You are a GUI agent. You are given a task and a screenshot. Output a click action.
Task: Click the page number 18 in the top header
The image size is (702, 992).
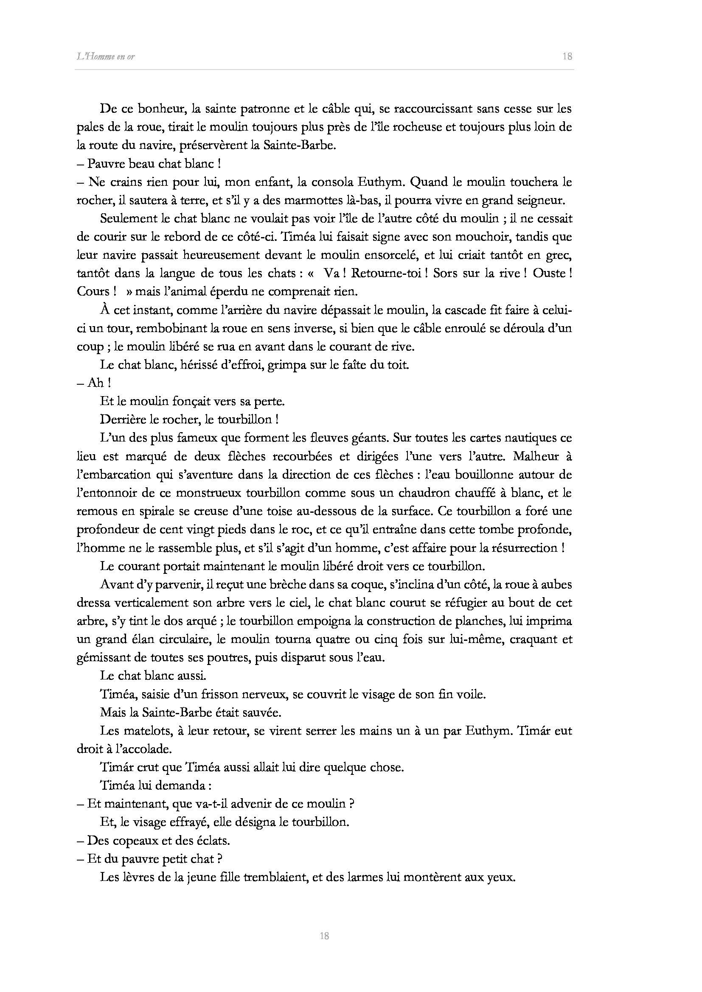coord(567,56)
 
